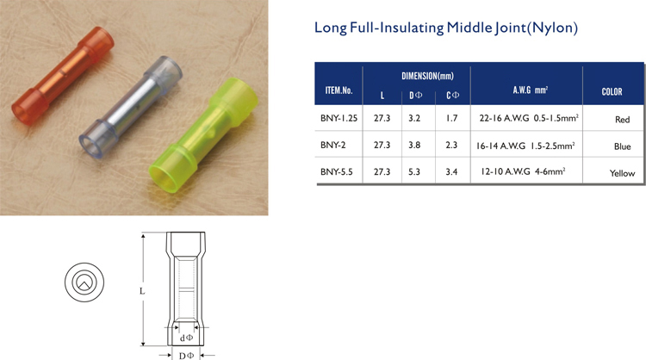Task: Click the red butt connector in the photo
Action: click(63, 76)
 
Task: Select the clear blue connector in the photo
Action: click(130, 108)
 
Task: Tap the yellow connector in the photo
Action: click(203, 134)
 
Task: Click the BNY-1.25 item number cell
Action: click(339, 118)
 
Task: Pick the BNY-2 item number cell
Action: click(332, 145)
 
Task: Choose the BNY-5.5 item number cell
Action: click(336, 171)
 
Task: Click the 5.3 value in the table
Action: click(414, 171)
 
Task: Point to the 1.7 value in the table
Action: click(451, 118)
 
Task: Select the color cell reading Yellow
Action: click(622, 173)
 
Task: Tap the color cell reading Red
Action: click(622, 120)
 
